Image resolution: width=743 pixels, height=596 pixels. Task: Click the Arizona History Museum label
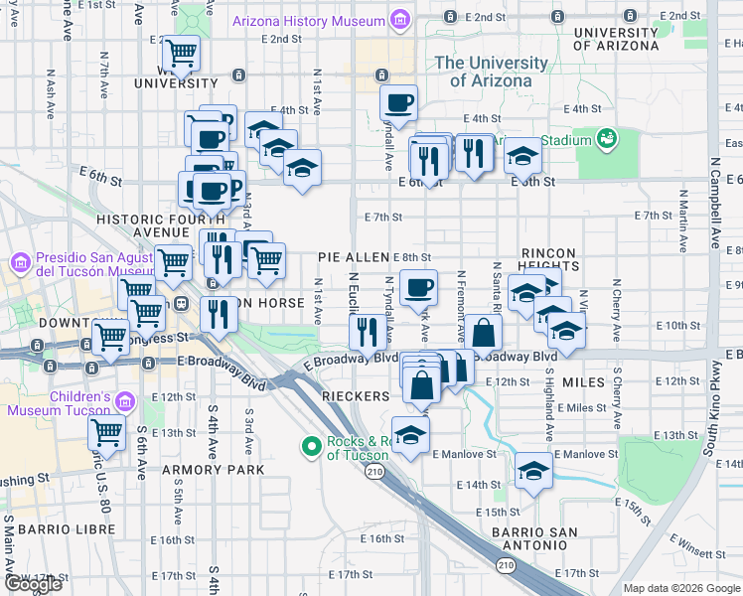click(309, 21)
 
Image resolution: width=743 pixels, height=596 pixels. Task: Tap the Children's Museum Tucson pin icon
click(124, 401)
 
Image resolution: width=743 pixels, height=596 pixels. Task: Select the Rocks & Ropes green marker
click(311, 449)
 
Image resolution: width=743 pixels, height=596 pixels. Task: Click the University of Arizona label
click(491, 72)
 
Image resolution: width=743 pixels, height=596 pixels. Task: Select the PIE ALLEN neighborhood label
click(353, 257)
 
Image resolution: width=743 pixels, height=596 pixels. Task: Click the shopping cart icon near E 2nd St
click(181, 52)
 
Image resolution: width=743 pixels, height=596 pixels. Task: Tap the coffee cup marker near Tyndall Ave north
click(398, 102)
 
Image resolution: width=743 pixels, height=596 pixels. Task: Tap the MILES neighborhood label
click(583, 382)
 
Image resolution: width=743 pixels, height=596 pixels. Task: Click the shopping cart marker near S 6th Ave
click(105, 432)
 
